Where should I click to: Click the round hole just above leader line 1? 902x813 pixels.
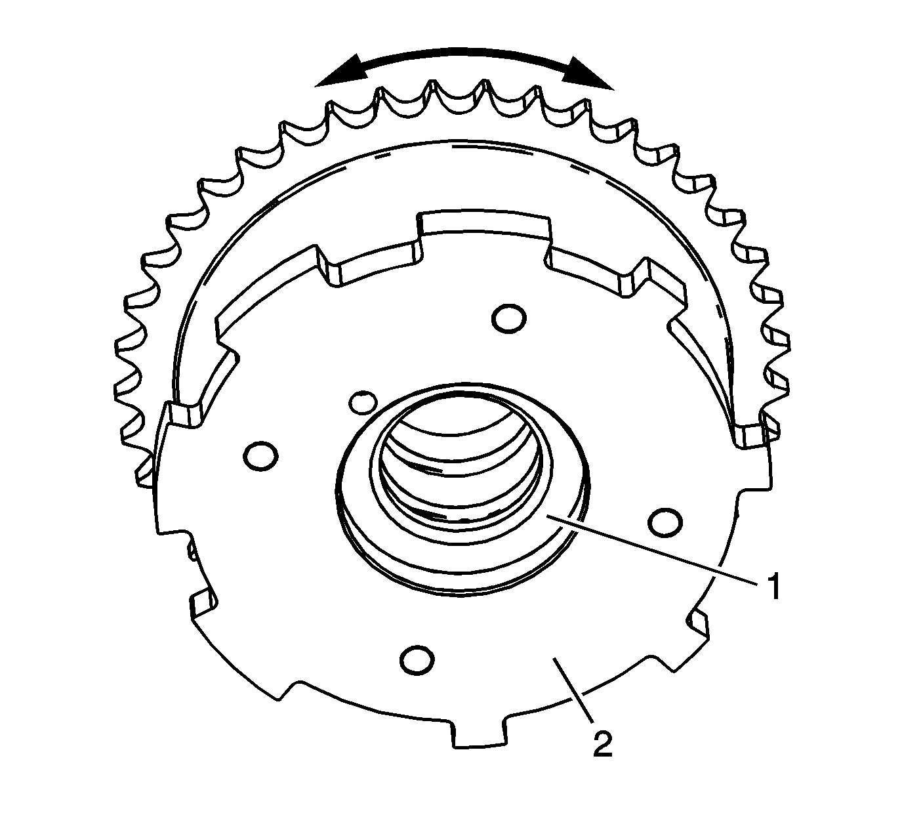(x=664, y=521)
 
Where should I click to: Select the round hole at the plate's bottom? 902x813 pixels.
(x=418, y=659)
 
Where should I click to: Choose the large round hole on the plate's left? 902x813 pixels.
(x=260, y=455)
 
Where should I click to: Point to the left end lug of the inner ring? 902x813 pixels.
(x=184, y=415)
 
